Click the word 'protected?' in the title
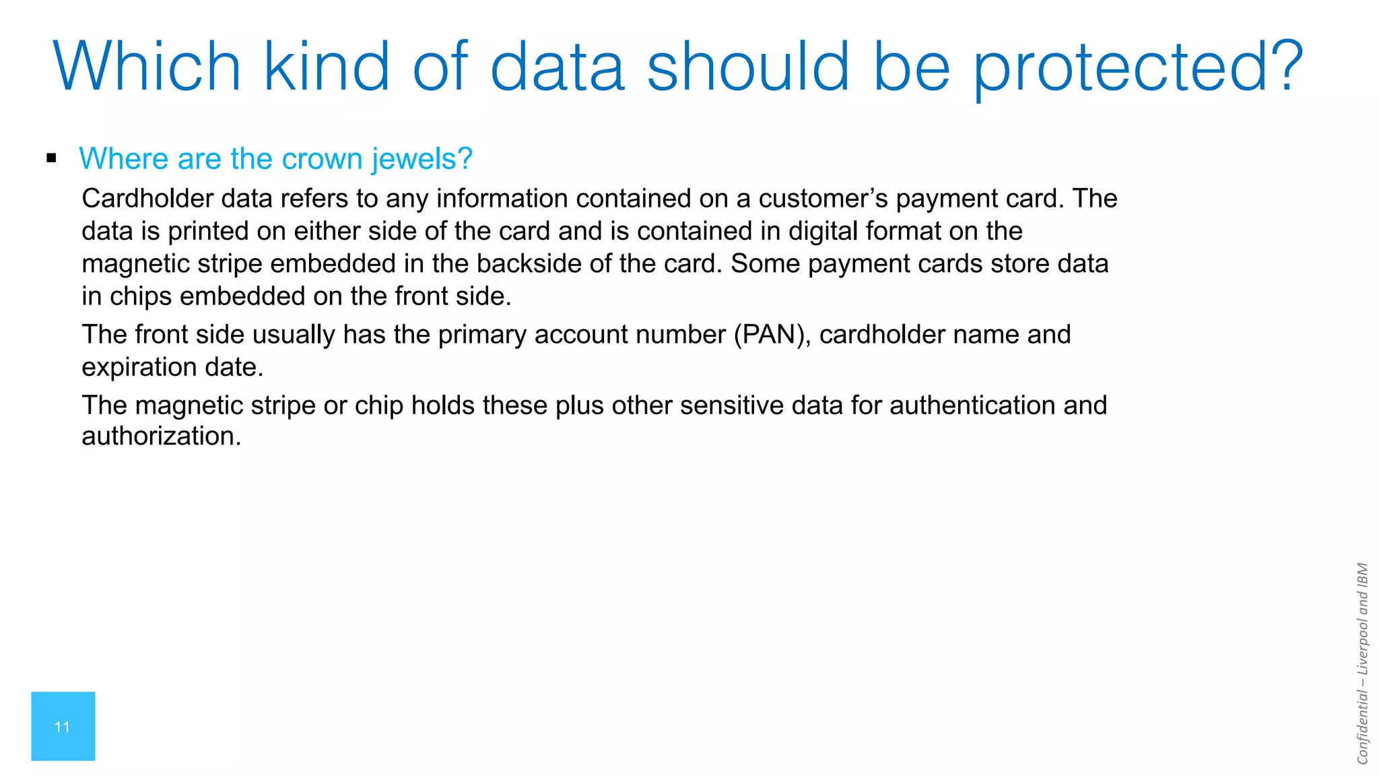1138,67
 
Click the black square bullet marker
52,159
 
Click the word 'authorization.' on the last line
162,437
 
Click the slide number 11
63,727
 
